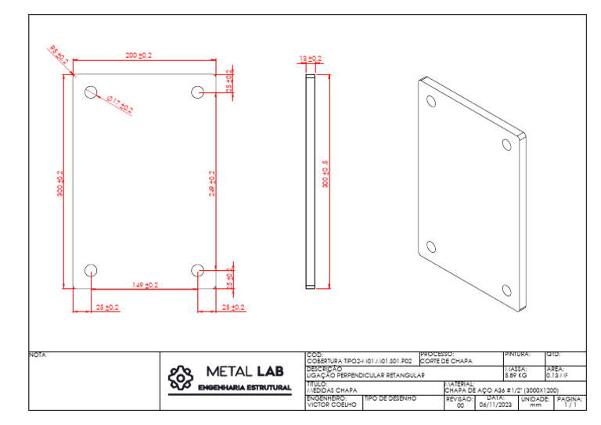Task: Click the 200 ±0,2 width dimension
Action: coord(139,56)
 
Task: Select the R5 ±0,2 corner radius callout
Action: coord(59,55)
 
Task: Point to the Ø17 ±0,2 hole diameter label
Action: coord(119,104)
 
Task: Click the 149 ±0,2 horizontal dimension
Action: coord(145,285)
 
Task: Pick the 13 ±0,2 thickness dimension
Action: coord(311,59)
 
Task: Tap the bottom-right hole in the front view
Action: coord(196,270)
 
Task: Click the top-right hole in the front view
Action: coord(196,92)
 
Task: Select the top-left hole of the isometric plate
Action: coord(430,101)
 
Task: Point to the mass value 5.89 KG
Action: coord(516,375)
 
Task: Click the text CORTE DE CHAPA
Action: coord(446,361)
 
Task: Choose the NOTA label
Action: coord(38,355)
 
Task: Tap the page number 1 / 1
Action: coord(569,405)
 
